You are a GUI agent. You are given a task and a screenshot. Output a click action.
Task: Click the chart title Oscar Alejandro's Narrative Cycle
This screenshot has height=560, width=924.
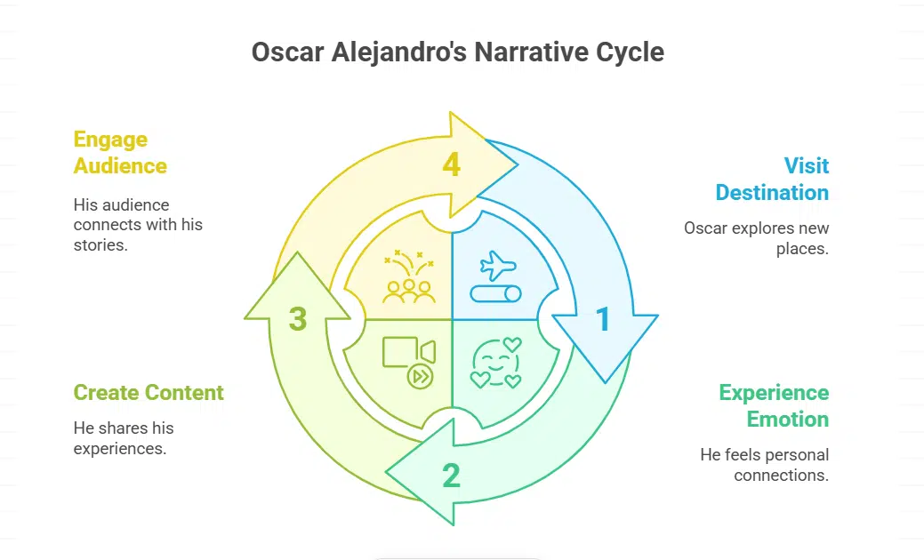(457, 52)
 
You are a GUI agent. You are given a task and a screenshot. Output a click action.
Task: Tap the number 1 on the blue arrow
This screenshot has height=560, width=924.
(603, 319)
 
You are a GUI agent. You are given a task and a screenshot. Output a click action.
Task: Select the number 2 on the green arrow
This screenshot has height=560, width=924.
(451, 476)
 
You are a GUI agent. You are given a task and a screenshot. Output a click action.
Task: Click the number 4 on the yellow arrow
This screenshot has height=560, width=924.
(451, 165)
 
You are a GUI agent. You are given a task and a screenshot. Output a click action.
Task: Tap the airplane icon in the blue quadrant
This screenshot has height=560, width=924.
(497, 265)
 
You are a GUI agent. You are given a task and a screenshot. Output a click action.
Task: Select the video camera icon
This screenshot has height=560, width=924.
(408, 353)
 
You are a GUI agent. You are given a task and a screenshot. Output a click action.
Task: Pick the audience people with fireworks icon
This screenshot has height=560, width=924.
(408, 276)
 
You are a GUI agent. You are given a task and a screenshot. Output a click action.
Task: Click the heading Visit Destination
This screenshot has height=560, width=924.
(772, 179)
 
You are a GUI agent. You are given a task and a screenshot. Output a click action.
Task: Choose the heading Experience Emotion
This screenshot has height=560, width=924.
(774, 405)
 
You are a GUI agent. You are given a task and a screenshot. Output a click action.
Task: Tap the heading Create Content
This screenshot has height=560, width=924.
(149, 392)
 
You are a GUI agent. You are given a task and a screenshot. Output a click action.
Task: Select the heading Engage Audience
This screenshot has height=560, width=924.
(120, 152)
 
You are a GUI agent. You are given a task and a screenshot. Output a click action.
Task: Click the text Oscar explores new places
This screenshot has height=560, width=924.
(756, 238)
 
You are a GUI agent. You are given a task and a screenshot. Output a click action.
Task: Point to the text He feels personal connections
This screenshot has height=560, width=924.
(764, 465)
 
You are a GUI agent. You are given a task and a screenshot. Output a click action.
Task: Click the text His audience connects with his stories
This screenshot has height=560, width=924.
(138, 225)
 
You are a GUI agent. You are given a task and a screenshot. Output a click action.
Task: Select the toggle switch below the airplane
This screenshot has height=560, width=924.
(496, 293)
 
